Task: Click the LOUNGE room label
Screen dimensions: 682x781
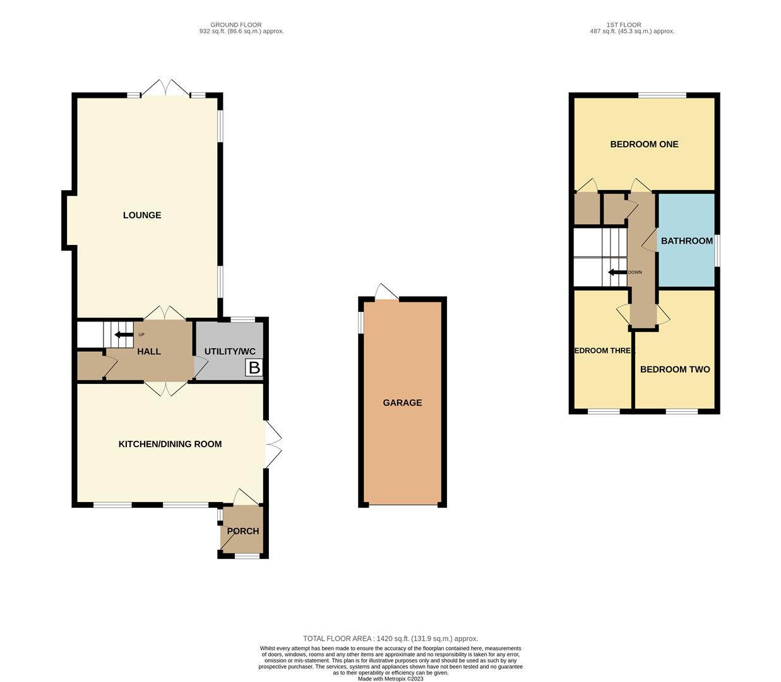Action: (x=142, y=215)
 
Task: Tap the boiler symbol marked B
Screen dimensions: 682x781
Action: (x=254, y=368)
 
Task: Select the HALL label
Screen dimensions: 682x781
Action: (x=149, y=351)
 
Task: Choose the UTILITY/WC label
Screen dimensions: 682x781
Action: (x=230, y=351)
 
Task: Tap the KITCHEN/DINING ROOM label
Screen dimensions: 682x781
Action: (x=170, y=444)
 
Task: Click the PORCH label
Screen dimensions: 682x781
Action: (x=243, y=531)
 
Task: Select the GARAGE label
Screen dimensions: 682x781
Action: (x=402, y=403)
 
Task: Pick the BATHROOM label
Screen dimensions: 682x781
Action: (x=686, y=241)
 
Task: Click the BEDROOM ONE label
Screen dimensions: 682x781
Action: (x=644, y=144)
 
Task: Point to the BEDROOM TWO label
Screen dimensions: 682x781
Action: (x=675, y=369)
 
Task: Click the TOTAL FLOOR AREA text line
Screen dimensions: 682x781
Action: (x=390, y=638)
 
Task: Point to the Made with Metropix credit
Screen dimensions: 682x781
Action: (x=390, y=679)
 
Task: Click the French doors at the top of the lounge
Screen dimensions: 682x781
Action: (x=165, y=89)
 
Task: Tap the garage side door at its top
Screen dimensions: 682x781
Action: (x=386, y=292)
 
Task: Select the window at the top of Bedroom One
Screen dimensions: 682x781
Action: (x=662, y=95)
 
